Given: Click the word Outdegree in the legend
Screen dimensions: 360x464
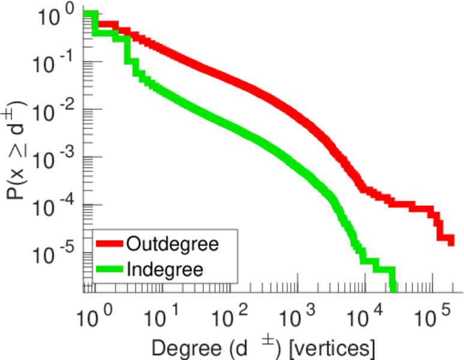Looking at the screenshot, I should [x=172, y=244].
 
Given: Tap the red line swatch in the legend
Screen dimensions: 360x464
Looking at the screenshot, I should [x=110, y=244].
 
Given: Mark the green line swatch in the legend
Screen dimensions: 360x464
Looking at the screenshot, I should [x=110, y=269].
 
